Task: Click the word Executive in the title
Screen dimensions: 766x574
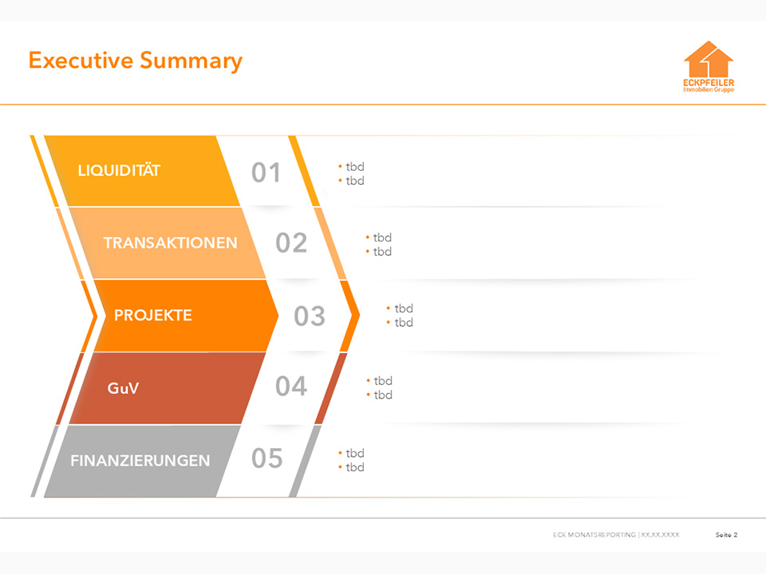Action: [x=81, y=60]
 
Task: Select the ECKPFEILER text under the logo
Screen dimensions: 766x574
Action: [x=709, y=82]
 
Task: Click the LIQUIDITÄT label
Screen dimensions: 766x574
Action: [x=119, y=171]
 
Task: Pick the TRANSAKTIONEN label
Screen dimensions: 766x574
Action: [x=170, y=242]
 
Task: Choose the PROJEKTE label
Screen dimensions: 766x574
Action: [x=153, y=316]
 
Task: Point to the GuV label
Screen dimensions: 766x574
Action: [x=123, y=388]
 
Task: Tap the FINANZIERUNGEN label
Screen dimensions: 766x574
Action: [x=140, y=460]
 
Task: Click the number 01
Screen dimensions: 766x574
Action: [x=267, y=173]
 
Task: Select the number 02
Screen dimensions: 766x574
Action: [x=291, y=243]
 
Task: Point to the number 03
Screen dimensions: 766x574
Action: [x=310, y=316]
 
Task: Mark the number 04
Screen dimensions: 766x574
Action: [x=291, y=386]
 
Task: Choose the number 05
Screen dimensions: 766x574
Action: [x=267, y=458]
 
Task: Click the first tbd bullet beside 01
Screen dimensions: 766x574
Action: [x=351, y=167]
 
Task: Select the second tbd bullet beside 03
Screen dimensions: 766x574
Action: [x=400, y=322]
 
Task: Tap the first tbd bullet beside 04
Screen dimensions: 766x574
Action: [x=380, y=380]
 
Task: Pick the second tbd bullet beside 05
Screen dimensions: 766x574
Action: [x=351, y=467]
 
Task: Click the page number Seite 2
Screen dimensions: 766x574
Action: [x=726, y=535]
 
